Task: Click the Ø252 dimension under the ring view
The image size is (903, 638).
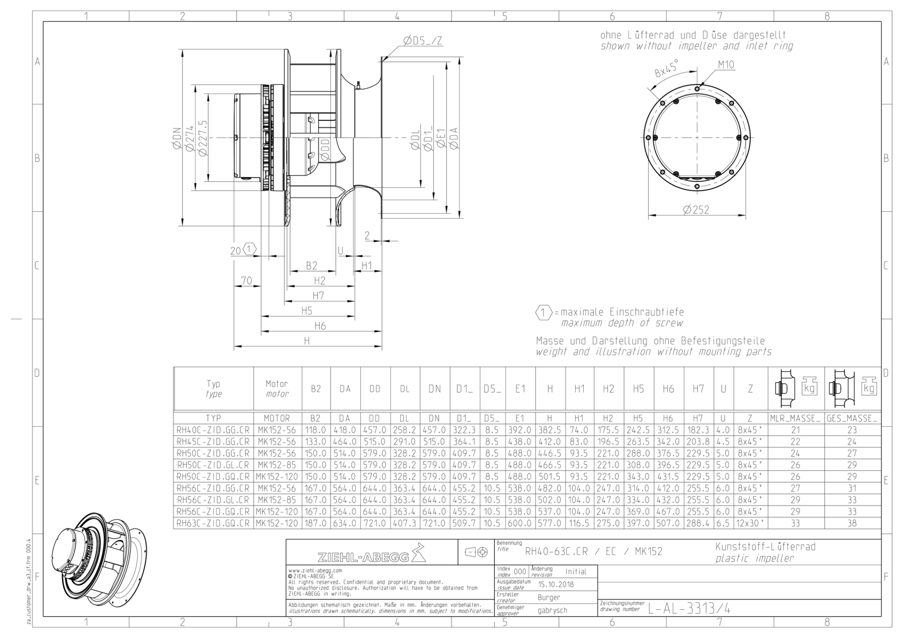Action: tap(696, 210)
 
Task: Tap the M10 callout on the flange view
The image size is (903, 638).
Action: tap(726, 64)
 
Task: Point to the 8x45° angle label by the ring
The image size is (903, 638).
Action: tap(666, 68)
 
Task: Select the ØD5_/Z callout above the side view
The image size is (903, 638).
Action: tap(422, 40)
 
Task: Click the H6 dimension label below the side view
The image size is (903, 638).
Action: tap(320, 326)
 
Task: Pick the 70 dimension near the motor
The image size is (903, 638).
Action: tap(246, 280)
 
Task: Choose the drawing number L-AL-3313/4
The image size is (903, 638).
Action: tap(689, 609)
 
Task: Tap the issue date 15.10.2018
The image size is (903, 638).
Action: tap(556, 584)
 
